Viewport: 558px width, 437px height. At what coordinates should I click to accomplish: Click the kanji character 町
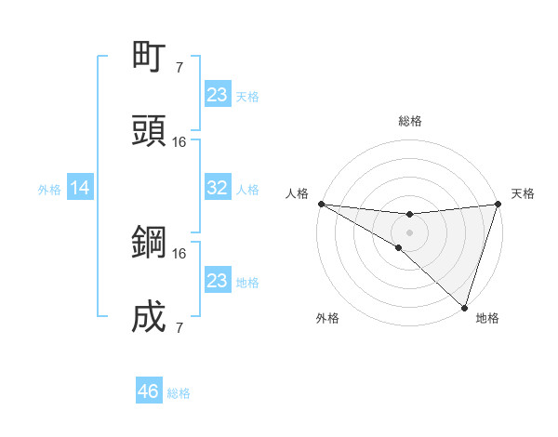point(150,57)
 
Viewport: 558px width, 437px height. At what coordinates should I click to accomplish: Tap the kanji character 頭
point(150,131)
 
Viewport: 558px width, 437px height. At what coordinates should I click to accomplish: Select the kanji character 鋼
point(150,243)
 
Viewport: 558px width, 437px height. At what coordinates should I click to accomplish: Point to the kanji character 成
point(150,317)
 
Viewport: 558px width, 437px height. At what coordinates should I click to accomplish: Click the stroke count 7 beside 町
point(179,67)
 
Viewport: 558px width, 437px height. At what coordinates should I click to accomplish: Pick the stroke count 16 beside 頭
point(179,141)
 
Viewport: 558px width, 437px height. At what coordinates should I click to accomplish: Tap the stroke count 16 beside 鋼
point(179,253)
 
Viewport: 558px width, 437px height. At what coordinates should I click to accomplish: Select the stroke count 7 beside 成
point(179,327)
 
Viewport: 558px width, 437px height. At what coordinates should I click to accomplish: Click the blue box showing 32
point(218,188)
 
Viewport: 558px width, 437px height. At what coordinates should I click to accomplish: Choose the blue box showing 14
point(80,188)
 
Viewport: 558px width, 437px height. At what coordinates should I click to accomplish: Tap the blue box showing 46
point(149,391)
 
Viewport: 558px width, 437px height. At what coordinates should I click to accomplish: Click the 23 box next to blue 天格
point(218,95)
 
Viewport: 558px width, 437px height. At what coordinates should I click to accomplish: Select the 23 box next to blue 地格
point(218,281)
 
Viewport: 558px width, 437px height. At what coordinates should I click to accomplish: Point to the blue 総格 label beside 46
point(179,393)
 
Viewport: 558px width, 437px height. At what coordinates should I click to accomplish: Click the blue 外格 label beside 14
point(49,190)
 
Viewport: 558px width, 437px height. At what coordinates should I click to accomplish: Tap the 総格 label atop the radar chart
point(410,121)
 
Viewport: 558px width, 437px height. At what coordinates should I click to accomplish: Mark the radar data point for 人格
point(321,204)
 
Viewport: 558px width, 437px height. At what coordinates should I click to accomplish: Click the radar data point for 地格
point(464,307)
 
